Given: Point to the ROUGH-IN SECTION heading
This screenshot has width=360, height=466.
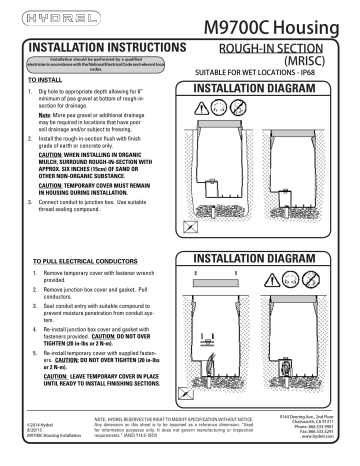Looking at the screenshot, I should (x=272, y=48).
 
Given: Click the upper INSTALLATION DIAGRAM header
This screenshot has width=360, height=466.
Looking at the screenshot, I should (x=270, y=88).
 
